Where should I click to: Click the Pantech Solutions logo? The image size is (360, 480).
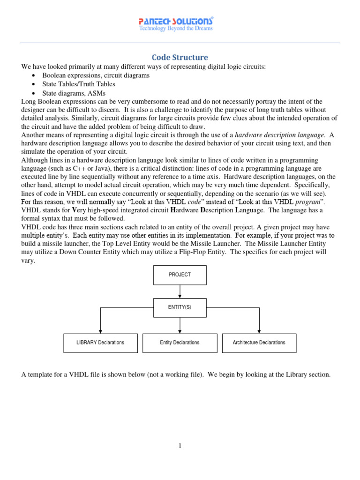176,21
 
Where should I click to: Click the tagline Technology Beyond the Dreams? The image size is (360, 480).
176,29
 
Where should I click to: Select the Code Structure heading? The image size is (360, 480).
180,57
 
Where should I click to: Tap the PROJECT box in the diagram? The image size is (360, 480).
180,275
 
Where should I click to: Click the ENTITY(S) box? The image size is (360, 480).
180,307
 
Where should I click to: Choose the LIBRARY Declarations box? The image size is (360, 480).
100,343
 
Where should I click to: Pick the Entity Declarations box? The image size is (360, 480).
180,343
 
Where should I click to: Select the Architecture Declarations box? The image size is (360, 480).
259,343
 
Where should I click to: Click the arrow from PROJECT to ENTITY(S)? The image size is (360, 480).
180,291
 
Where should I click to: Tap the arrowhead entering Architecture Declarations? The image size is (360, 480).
259,331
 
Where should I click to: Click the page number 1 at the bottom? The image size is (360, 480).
180,446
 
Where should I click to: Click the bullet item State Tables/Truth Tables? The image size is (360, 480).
78,84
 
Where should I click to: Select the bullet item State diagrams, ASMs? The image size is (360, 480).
74,93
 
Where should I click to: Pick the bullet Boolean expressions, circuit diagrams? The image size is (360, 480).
96,75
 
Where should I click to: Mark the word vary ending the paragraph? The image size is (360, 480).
29,261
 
